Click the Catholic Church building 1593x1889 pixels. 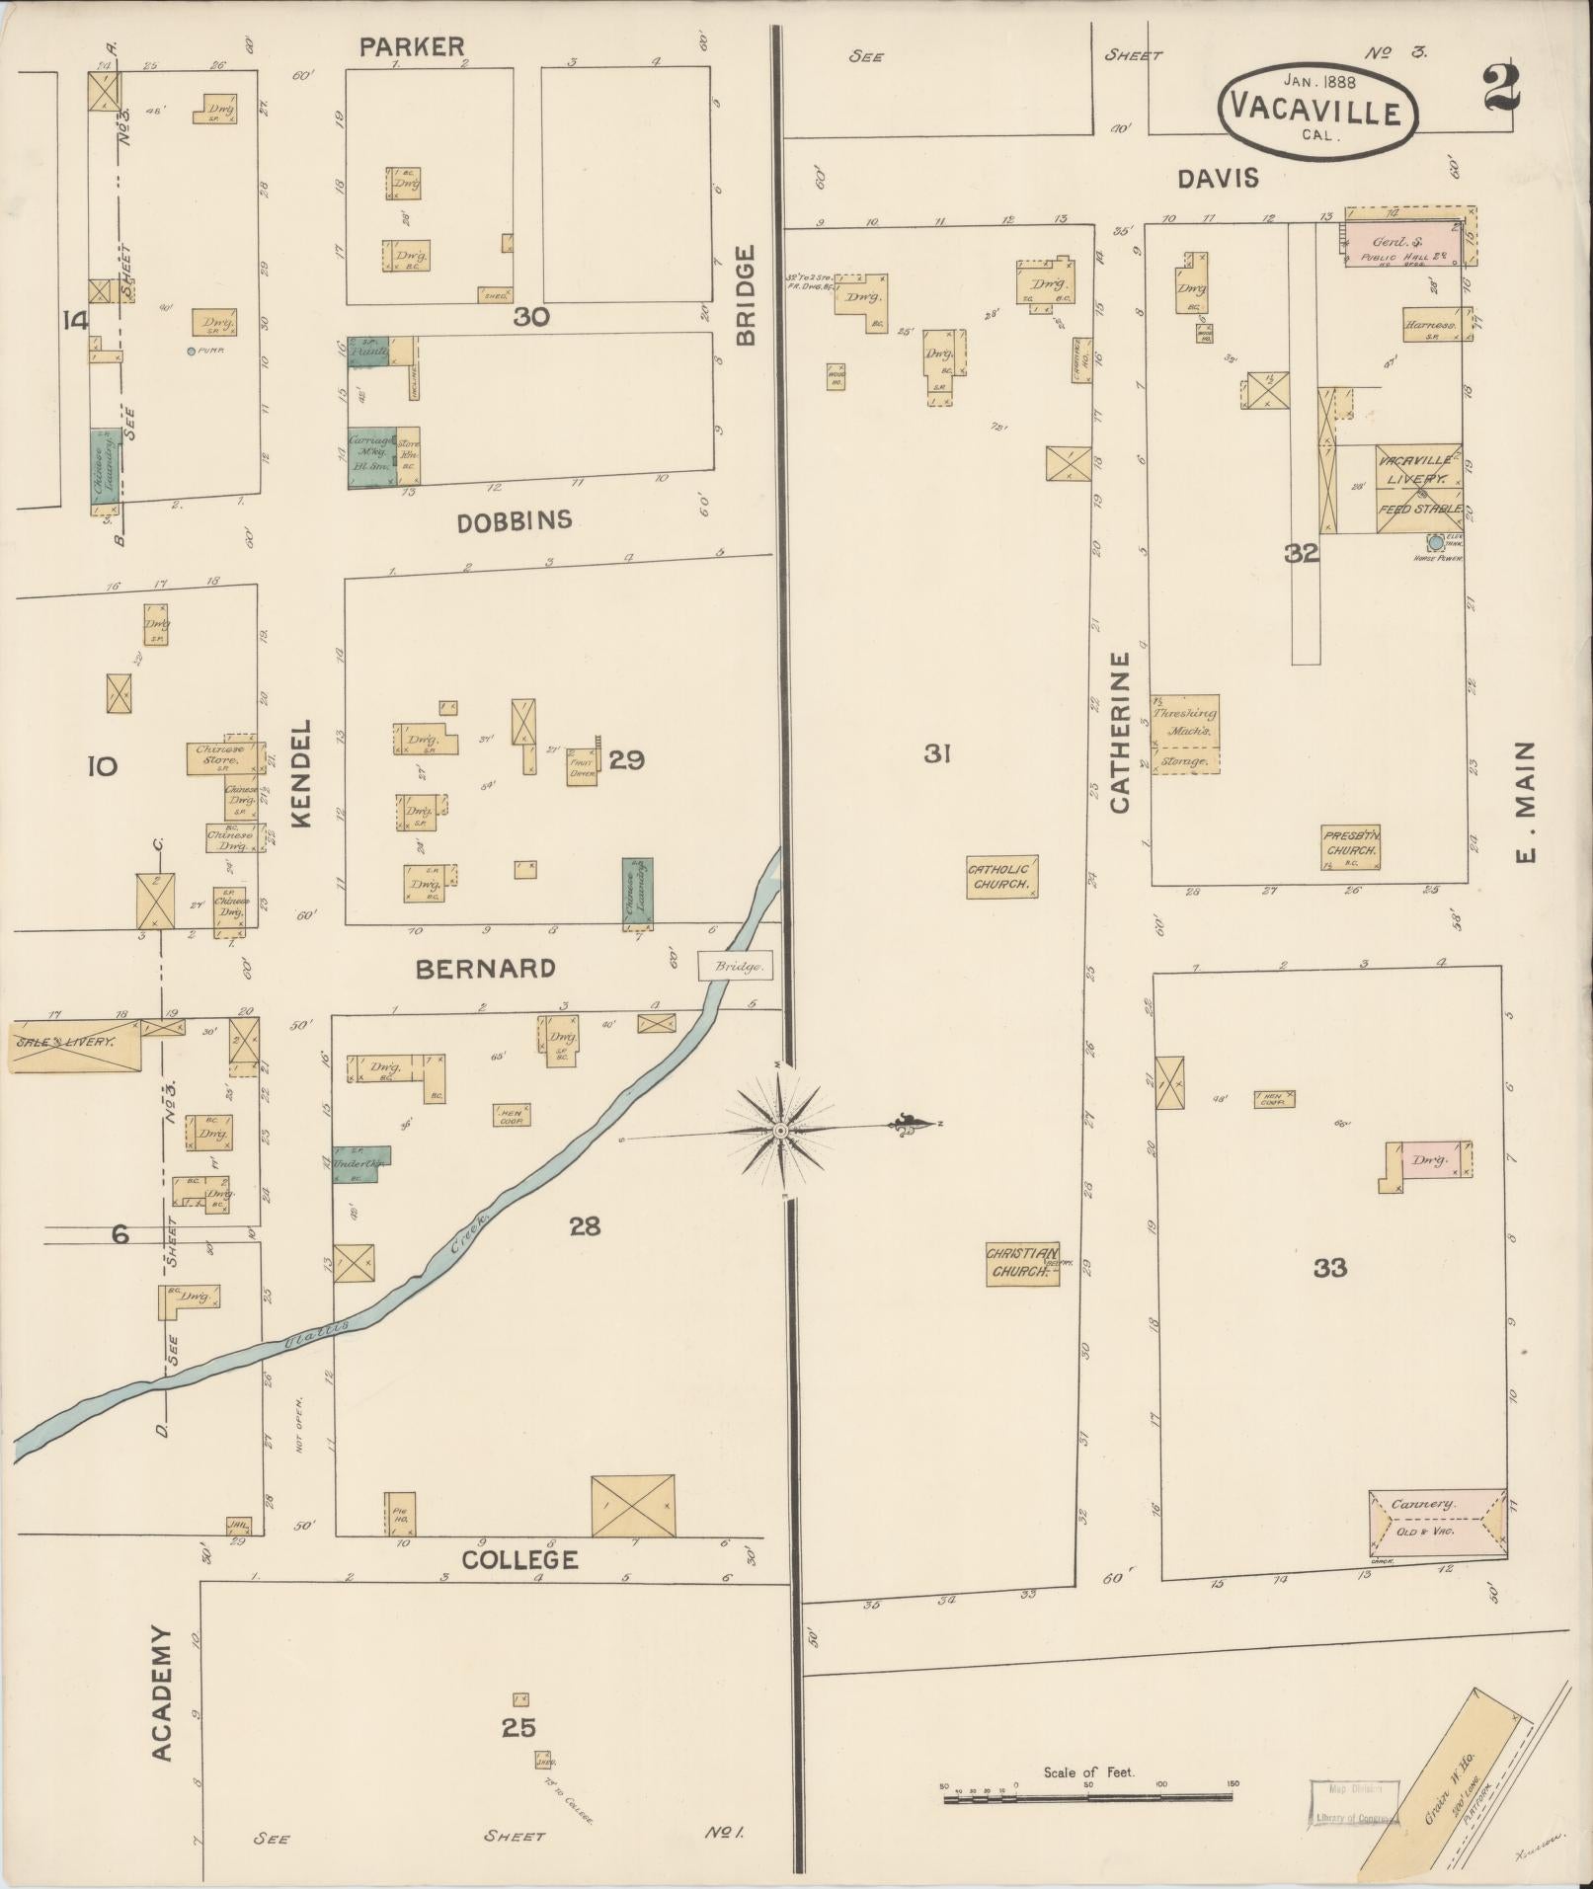tap(1001, 876)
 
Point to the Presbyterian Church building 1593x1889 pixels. tap(1351, 847)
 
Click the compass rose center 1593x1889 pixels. tap(780, 1130)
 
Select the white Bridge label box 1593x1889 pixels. tap(734, 966)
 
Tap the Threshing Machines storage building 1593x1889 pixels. tap(1184, 734)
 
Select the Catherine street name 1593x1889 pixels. tap(1120, 732)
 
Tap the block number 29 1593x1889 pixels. tap(626, 759)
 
